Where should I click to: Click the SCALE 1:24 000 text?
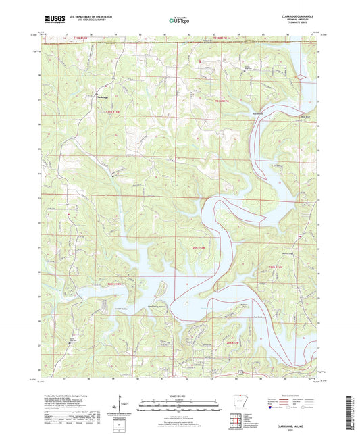pos(179,396)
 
